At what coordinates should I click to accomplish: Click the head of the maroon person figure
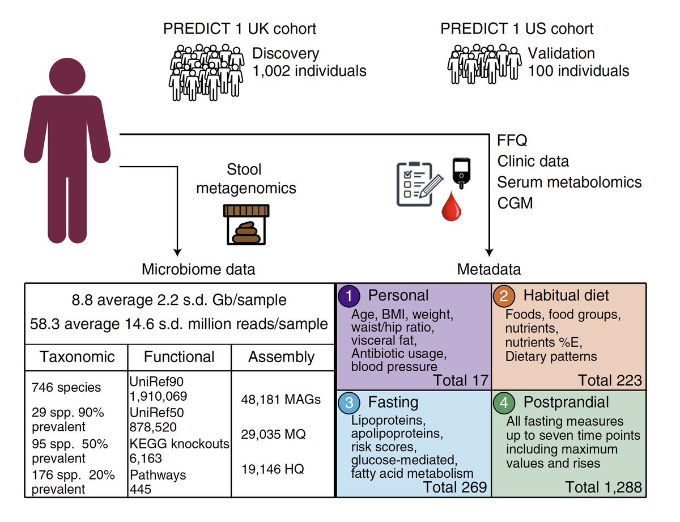pos(67,76)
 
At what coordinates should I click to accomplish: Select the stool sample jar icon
pos(246,224)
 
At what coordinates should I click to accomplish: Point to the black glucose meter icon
pos(461,173)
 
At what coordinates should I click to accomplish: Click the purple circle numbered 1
pos(348,296)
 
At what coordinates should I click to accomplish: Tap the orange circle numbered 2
pos(504,296)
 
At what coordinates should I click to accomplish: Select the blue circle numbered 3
pos(348,403)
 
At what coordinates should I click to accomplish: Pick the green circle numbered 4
pos(504,403)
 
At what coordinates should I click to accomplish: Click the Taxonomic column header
pos(77,357)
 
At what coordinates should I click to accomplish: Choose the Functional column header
pos(179,357)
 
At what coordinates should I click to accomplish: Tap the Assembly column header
pos(281,358)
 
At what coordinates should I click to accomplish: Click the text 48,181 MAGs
pos(280,400)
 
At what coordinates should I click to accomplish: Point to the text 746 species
pos(66,388)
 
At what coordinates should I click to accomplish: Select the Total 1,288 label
pos(603,487)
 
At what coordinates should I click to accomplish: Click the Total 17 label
pos(461,380)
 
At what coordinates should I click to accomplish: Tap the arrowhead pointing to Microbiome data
pos(177,252)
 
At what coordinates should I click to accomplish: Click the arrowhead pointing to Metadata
pos(489,252)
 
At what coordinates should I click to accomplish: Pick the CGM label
pos(515,203)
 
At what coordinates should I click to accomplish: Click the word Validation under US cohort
pos(562,53)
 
